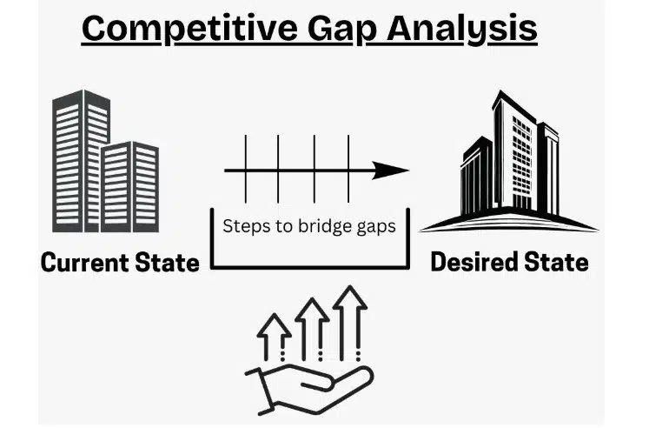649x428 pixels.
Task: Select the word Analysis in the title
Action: (466, 29)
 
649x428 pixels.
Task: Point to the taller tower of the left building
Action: (80, 157)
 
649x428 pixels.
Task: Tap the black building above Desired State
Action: (512, 161)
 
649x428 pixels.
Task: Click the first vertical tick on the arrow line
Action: (246, 166)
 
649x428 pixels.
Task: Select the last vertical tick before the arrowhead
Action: (348, 166)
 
